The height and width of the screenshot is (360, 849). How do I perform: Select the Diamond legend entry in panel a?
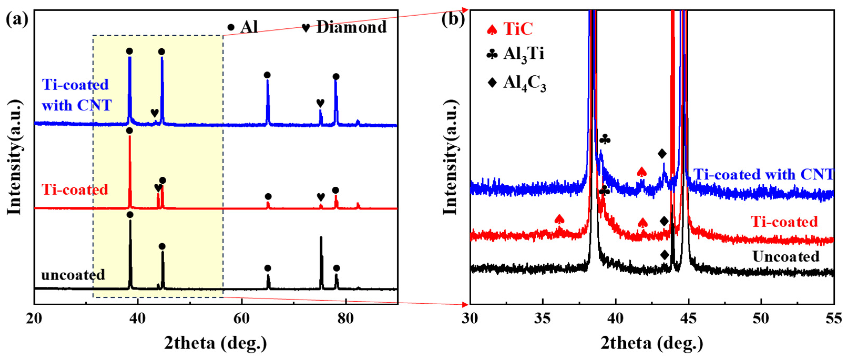(x=344, y=27)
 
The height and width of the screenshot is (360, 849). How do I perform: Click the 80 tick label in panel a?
(x=346, y=318)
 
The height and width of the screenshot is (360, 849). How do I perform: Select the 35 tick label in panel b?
(x=543, y=318)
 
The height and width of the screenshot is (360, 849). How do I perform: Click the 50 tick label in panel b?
(x=761, y=318)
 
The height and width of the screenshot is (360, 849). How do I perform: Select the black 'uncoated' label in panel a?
(x=73, y=275)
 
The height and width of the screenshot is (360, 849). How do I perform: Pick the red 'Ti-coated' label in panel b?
(x=785, y=222)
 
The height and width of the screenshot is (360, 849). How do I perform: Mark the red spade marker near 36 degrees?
(x=559, y=219)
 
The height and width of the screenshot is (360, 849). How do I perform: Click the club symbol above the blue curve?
(x=605, y=140)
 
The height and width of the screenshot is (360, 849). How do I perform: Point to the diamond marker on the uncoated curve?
(x=665, y=255)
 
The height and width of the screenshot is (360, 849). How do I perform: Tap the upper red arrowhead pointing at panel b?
(x=465, y=9)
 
